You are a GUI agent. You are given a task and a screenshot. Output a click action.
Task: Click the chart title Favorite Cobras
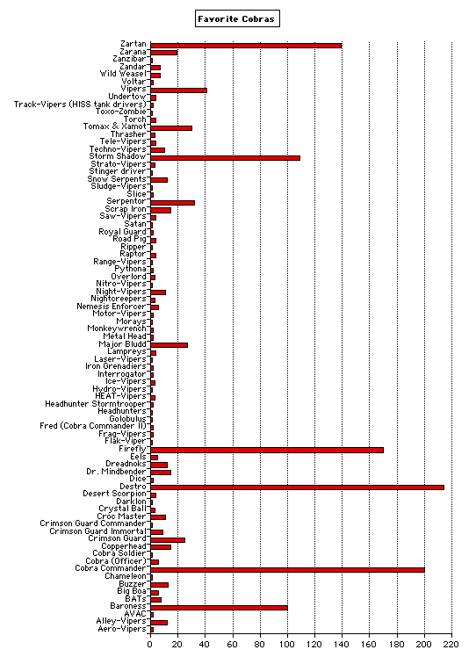[x=236, y=18]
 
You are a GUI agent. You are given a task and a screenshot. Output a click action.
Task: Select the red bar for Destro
[x=297, y=487]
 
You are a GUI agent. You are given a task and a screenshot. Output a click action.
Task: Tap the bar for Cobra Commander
[x=287, y=570]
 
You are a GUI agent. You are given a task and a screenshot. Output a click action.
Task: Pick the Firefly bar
[x=267, y=450]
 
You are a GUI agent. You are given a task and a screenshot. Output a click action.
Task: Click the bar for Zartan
[x=246, y=46]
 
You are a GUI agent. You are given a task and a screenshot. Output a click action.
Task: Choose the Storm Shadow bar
[x=226, y=158]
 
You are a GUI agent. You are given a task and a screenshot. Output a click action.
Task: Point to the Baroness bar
[x=220, y=608]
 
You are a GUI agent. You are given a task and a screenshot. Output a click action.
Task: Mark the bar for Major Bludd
[x=169, y=345]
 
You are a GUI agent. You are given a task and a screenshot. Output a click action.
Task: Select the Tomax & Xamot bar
[x=171, y=127]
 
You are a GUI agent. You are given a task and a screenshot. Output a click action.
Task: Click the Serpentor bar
[x=173, y=203]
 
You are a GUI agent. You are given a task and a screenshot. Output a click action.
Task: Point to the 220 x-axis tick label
[x=451, y=645]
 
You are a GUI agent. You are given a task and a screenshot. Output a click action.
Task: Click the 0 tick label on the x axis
[x=150, y=645]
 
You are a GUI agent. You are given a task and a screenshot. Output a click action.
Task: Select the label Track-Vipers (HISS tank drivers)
[x=80, y=105]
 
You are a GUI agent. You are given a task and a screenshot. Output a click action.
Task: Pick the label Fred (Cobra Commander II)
[x=93, y=426]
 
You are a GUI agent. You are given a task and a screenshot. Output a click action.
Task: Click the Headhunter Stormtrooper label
[x=96, y=404]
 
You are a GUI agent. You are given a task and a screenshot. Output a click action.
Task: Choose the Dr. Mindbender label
[x=117, y=472]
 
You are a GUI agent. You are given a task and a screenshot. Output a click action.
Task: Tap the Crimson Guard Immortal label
[x=98, y=531]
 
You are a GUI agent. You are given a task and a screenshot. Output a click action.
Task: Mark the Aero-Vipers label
[x=122, y=629]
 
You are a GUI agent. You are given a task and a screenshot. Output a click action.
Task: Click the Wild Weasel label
[x=123, y=74]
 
